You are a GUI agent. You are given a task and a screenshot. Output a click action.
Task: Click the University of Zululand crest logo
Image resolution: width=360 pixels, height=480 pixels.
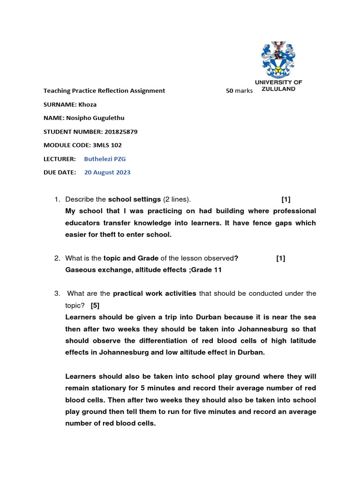click(x=278, y=59)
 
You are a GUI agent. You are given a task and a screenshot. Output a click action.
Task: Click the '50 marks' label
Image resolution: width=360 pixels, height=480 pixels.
click(x=239, y=91)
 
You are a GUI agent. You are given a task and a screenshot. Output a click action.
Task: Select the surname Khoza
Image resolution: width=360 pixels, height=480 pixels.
click(x=87, y=105)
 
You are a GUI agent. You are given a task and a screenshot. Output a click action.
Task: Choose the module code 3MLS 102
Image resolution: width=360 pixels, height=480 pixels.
click(x=107, y=145)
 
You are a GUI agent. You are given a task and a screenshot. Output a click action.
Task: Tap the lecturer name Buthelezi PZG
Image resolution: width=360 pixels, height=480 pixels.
click(x=105, y=159)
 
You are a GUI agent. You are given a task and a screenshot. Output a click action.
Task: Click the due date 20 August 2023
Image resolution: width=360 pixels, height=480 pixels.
click(x=107, y=172)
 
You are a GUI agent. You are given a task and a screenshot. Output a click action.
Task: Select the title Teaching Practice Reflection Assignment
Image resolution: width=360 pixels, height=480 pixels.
click(x=104, y=91)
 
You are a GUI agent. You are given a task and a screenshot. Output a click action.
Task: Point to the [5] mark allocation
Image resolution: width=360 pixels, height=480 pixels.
click(x=95, y=305)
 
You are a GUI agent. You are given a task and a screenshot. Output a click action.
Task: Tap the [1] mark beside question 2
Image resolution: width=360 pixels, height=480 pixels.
click(x=280, y=258)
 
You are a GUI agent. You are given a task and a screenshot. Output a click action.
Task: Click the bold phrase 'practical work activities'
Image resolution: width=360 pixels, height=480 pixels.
click(x=155, y=293)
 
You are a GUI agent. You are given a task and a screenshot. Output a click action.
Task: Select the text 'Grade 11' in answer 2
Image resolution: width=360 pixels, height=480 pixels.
click(x=208, y=270)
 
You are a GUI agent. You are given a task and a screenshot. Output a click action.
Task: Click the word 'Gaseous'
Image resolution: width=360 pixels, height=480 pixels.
click(x=80, y=270)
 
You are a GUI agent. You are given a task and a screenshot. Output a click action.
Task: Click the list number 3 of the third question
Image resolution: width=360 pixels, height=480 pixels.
click(x=56, y=293)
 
